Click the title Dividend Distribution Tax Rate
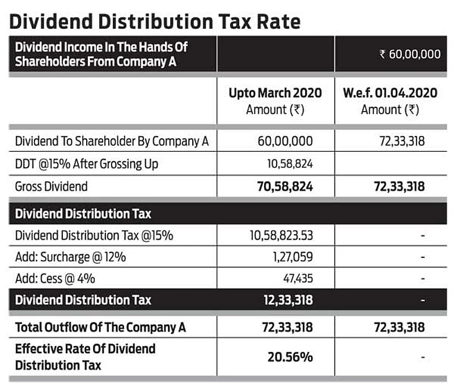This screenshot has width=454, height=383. point(155,21)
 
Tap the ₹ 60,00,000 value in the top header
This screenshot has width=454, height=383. point(410,54)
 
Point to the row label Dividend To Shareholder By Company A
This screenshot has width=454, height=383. point(112,141)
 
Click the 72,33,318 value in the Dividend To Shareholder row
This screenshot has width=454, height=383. point(401,141)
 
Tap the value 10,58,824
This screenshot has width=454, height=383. point(290,164)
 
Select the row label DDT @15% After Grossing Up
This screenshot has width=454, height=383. point(87,164)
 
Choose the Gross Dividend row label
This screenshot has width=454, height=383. point(52,186)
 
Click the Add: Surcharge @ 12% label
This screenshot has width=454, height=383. point(70,257)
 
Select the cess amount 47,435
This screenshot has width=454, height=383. point(298,278)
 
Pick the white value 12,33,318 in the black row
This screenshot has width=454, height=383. point(288,300)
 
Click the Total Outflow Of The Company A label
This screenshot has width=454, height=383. point(100,327)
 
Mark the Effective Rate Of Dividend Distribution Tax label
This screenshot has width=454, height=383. point(85,356)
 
